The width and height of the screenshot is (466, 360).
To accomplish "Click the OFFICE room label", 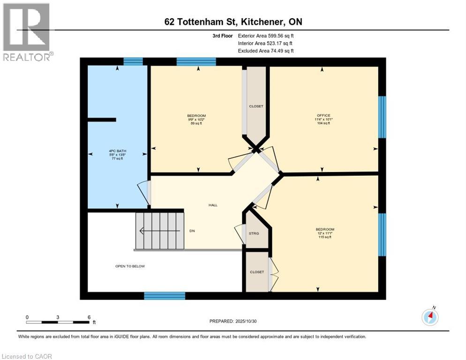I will [x=323, y=115].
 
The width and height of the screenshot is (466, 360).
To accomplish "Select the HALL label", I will [x=213, y=205].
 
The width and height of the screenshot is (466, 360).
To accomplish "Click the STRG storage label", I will [x=254, y=233].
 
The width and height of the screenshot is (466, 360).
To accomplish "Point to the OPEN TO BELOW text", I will [x=130, y=266].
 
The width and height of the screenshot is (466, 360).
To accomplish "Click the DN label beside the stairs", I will [x=192, y=231].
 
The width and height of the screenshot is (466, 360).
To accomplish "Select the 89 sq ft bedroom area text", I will [x=196, y=123].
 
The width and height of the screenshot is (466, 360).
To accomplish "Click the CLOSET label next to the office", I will [x=256, y=106].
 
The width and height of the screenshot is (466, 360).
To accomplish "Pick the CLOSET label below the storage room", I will [x=256, y=272].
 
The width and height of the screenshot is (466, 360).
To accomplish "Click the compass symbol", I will [x=430, y=317].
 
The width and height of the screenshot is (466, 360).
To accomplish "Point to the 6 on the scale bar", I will [x=89, y=317].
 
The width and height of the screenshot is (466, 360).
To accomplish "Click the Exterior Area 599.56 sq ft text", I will [x=266, y=36].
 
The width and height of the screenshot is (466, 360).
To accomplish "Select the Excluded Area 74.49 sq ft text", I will [x=266, y=51].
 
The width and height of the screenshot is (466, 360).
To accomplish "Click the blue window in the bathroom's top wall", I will [x=133, y=61].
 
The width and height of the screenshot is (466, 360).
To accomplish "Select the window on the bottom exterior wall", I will [x=165, y=295].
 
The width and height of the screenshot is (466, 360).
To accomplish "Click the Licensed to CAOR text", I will [x=27, y=356].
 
